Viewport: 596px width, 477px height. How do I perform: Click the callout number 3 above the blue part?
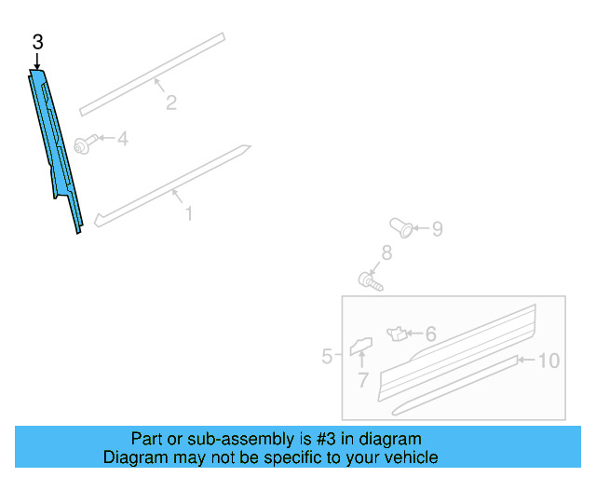37,42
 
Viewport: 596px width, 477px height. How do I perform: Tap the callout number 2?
171,102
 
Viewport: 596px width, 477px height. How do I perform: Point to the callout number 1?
188,214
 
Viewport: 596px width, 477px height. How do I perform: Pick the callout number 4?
122,140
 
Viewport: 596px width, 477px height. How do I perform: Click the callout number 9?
437,228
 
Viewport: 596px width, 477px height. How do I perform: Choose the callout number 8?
386,252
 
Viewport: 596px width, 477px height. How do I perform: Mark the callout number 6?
430,334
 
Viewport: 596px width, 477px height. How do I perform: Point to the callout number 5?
327,356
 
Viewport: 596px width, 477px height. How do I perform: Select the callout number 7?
362,380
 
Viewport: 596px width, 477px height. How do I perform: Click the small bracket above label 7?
360,348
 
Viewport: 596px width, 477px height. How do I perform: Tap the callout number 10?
549,361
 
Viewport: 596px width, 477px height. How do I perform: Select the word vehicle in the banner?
411,457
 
